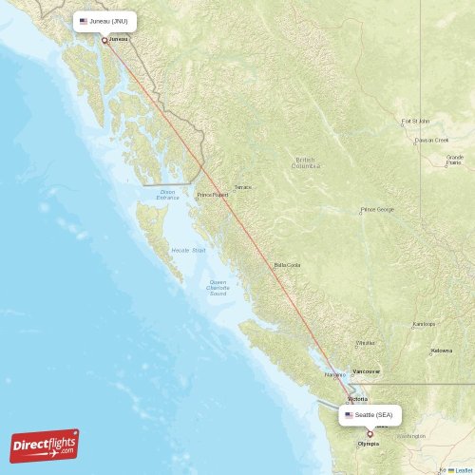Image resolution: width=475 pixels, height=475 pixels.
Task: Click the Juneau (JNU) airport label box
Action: click(x=104, y=20)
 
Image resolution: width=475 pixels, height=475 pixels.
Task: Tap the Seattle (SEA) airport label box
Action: click(x=370, y=415)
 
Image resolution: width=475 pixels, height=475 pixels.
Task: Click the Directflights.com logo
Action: click(x=45, y=446)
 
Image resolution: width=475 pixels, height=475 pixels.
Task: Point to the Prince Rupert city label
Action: click(x=213, y=195)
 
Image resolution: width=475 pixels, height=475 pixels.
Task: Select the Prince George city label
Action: click(x=376, y=209)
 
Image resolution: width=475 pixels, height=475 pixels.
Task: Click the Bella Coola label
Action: click(x=287, y=265)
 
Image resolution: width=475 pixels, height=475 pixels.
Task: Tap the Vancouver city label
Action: click(x=366, y=371)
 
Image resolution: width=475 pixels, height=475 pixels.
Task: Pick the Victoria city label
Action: click(x=357, y=399)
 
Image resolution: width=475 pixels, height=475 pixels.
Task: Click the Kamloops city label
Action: click(x=424, y=324)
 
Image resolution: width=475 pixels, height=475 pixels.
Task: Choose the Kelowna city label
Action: click(x=442, y=351)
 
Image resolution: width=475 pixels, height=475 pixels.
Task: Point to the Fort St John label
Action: click(x=416, y=122)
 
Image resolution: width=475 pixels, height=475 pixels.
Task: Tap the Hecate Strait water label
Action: click(x=188, y=250)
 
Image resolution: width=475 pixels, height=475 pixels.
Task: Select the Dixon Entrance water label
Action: click(x=168, y=194)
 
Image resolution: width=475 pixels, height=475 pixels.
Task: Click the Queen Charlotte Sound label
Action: click(x=218, y=287)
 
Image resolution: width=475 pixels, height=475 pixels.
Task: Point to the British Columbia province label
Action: click(x=306, y=162)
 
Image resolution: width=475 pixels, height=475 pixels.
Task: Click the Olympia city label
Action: click(x=368, y=444)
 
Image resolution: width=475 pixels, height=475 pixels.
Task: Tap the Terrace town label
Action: click(x=244, y=187)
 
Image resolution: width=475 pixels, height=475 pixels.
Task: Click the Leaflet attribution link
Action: click(x=461, y=469)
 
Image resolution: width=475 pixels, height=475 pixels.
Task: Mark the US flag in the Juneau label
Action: click(x=84, y=20)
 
